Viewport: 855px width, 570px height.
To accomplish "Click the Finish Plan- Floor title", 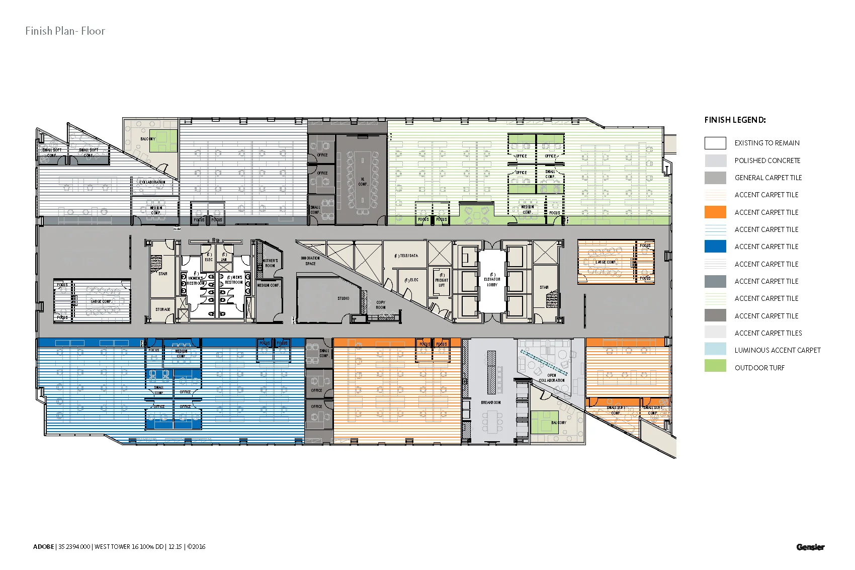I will pos(65,31).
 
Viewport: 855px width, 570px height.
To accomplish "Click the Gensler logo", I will pos(810,547).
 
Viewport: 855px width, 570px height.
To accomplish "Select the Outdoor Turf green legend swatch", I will pos(715,368).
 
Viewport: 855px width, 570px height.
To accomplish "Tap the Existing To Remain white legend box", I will pos(715,143).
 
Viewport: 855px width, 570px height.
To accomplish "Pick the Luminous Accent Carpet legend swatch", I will pos(715,350).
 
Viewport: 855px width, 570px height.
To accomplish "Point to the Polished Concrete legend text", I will pos(767,160).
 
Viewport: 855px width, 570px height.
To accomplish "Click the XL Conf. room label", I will pos(363,182).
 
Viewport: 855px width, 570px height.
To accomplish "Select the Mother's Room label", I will pos(270,263).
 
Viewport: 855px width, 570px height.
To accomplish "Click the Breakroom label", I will pos(490,402).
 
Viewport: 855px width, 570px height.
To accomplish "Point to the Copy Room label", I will pos(381,305).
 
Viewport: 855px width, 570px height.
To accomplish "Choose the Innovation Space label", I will pos(310,261).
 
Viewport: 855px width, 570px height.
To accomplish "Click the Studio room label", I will pos(344,298).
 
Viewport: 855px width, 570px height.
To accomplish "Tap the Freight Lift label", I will pos(442,280).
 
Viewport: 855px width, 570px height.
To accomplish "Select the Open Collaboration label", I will pos(552,378).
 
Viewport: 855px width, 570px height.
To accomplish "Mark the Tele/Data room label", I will pos(406,256).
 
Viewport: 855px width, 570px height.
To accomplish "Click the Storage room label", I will pos(162,309).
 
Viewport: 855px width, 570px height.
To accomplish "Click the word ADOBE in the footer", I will pos(43,547).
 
